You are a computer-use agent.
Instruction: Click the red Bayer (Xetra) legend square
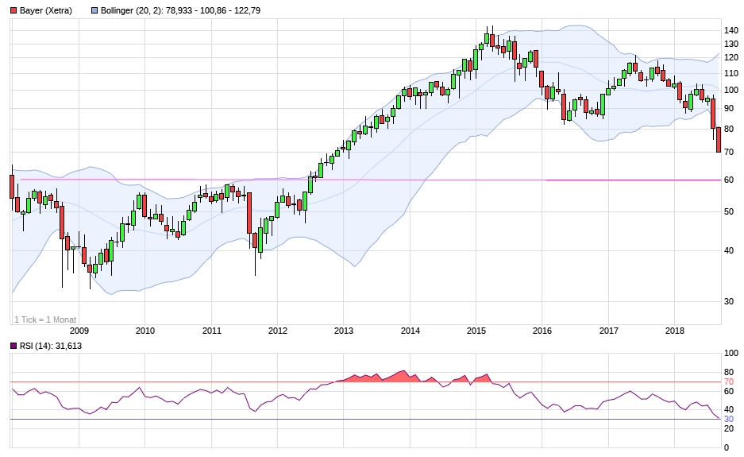point(13,10)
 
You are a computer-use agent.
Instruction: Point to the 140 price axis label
point(731,31)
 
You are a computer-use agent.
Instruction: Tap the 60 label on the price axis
point(729,180)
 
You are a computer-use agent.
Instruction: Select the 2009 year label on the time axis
point(79,331)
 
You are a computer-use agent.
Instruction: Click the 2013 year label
point(343,331)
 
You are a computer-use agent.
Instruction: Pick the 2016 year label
point(542,331)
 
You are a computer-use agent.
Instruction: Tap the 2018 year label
point(674,331)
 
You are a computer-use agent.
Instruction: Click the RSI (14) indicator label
point(37,346)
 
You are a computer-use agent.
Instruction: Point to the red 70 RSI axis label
point(729,382)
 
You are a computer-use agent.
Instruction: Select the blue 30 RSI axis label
point(729,419)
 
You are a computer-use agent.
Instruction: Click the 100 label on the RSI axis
point(731,354)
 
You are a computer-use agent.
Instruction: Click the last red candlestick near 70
point(719,140)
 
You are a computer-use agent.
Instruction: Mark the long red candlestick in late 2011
point(249,212)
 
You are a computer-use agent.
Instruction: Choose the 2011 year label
point(211,331)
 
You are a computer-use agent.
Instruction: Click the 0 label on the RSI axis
point(727,447)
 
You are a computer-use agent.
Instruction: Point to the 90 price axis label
point(729,108)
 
